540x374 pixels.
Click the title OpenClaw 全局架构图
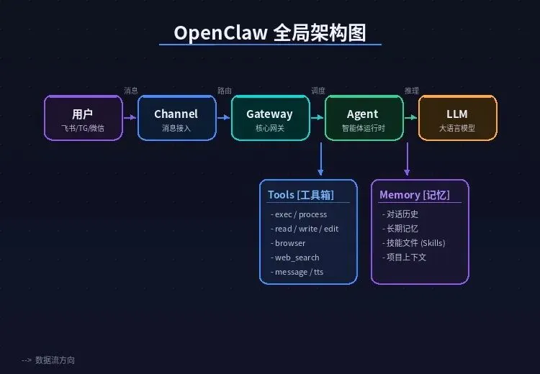coord(270,33)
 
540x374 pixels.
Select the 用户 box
coord(83,118)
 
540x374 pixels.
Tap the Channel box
coord(176,118)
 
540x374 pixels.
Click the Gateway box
coord(270,118)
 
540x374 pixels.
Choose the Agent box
coord(363,118)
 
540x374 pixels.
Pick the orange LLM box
coord(457,118)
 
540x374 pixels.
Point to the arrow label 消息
coord(130,91)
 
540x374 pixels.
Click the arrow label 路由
coord(225,91)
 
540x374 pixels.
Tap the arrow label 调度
coord(318,91)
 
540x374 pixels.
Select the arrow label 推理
coord(411,91)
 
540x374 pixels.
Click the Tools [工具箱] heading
coord(301,195)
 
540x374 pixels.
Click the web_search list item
coord(297,257)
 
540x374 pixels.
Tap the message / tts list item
coord(299,272)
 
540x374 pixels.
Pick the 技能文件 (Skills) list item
coord(415,243)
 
